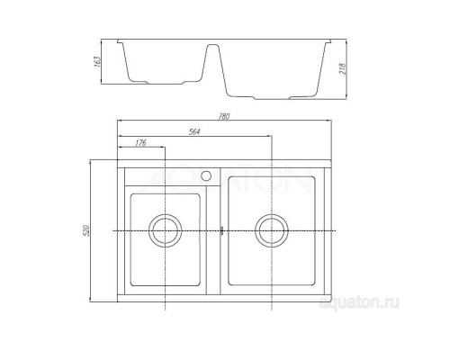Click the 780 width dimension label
224,116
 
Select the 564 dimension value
194,131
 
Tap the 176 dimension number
140,143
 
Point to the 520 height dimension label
86,230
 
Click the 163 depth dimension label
97,61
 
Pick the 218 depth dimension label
343,68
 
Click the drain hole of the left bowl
166,230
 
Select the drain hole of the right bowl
272,230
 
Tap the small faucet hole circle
206,175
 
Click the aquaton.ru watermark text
359,302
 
